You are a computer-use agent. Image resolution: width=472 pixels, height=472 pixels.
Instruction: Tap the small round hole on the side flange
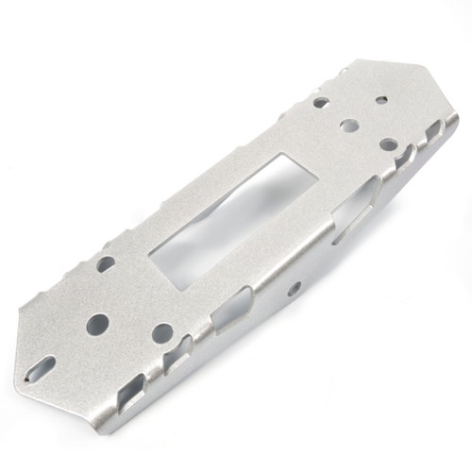pos(295,286)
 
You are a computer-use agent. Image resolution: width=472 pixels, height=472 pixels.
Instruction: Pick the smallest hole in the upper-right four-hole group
pos(380,99)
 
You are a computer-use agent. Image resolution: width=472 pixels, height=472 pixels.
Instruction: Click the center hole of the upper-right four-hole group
pos(348,124)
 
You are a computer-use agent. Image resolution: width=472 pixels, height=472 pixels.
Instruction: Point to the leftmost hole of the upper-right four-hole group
pos(321,102)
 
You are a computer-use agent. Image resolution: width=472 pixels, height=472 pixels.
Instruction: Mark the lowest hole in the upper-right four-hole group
pos(388,144)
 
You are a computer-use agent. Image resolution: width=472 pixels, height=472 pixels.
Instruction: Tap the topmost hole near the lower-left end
pos(106,264)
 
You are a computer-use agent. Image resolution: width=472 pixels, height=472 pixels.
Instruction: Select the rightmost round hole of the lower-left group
pos(162,333)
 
